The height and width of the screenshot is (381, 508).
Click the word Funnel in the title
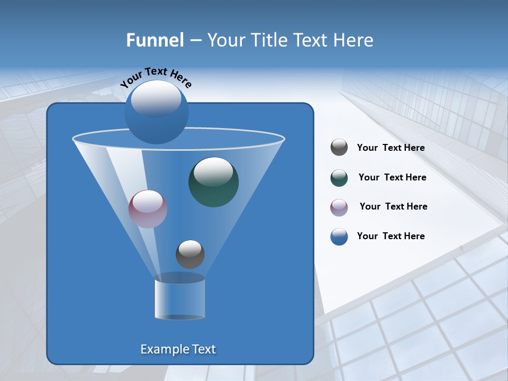155,40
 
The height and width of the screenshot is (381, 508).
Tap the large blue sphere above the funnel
156,114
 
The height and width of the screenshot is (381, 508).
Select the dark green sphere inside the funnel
213,182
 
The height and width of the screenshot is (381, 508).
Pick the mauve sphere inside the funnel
148,209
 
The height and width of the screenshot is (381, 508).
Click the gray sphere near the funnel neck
190,254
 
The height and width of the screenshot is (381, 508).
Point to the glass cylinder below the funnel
179,299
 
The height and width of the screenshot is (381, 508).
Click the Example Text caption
178,349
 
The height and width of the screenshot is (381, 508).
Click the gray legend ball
339,148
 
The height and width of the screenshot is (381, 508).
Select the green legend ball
339,178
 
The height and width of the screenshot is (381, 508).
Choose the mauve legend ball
339,207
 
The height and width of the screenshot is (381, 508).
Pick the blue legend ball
339,237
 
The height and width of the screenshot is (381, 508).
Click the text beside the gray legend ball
391,148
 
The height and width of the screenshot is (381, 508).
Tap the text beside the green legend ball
392,178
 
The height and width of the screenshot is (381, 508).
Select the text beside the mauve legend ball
393,207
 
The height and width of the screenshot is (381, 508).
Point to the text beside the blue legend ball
391,237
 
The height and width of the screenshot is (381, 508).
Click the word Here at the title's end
353,40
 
